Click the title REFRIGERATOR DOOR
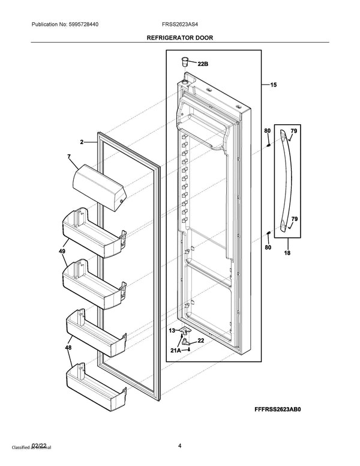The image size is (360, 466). (180, 37)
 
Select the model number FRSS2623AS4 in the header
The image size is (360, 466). (180, 24)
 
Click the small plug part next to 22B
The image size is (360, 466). (185, 60)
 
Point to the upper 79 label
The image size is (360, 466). (294, 131)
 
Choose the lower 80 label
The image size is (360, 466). (268, 247)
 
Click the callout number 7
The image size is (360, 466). (69, 157)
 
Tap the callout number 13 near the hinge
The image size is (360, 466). (172, 330)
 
